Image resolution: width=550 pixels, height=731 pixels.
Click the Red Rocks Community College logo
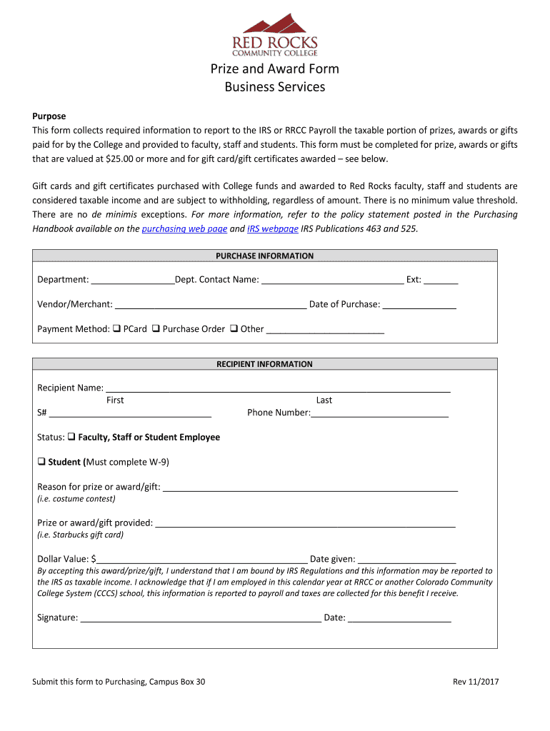pos(275,34)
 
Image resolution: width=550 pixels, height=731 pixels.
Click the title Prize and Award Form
pos(274,69)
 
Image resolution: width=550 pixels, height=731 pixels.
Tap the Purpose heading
pos(49,116)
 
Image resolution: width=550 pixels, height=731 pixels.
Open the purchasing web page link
pos(184,228)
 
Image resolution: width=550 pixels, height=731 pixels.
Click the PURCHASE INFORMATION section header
pos(264,256)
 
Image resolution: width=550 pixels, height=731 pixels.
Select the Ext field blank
pos(441,281)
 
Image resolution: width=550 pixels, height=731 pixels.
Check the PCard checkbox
pos(116,329)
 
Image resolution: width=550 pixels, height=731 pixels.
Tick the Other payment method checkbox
pos(234,329)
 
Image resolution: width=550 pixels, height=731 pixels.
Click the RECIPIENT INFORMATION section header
pos(264,364)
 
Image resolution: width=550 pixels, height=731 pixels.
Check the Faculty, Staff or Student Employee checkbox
pos(71,437)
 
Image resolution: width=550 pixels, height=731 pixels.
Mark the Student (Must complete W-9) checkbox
pos(41,462)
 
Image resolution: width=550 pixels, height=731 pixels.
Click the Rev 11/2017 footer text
pos(475,682)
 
